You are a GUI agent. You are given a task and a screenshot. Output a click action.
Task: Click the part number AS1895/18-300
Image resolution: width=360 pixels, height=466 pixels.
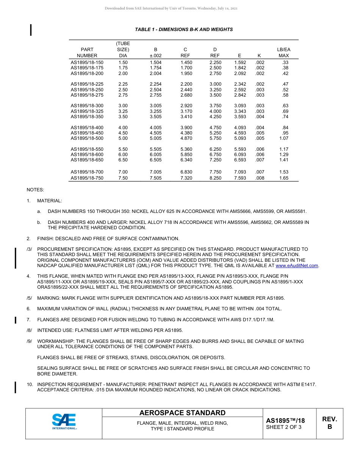click(87, 106)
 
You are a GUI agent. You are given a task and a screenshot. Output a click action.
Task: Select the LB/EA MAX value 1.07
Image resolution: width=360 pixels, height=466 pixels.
click(283, 138)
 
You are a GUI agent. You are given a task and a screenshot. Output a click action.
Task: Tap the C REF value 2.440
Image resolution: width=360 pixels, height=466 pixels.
click(186, 90)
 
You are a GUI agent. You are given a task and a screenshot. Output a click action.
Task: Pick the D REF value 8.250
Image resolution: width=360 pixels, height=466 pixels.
click(215, 178)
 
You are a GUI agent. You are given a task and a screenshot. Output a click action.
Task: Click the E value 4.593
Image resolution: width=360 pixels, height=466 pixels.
click(240, 133)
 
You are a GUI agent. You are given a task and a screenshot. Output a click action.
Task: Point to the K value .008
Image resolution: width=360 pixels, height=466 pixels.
click(260, 178)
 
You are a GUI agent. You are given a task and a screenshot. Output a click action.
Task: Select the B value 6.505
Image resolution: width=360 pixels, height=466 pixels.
click(155, 160)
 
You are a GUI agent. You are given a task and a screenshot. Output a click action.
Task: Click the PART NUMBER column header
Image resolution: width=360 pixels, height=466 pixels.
click(87, 53)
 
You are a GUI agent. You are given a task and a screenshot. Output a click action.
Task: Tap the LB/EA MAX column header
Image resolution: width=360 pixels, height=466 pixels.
click(283, 53)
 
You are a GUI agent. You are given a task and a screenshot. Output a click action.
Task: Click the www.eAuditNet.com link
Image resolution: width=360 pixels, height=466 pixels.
click(297, 266)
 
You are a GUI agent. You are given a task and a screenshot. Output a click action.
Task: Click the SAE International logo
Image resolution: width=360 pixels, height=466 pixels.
click(64, 422)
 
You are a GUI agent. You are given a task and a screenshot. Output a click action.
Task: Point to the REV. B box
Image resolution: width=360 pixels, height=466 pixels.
click(329, 423)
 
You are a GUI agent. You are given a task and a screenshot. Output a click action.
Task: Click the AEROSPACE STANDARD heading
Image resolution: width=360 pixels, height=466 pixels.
click(182, 413)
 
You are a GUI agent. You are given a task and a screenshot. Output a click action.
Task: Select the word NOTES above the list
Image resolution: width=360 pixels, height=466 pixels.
click(35, 189)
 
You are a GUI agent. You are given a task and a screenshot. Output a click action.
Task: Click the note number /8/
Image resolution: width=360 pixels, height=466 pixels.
click(30, 330)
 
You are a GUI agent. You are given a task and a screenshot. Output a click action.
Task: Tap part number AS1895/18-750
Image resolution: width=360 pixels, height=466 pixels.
click(87, 178)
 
